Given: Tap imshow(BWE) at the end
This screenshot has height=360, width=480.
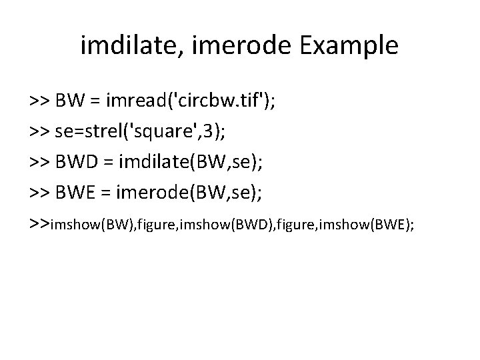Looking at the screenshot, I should tap(377, 225).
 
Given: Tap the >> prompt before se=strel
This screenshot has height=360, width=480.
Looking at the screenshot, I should tap(38, 133).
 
